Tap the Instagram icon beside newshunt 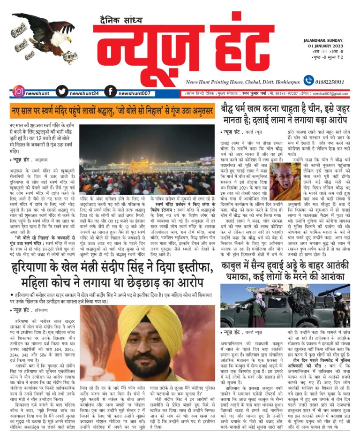tap(18, 91)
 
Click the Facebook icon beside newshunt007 tap(111, 91)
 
